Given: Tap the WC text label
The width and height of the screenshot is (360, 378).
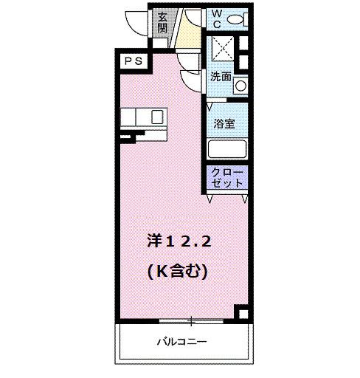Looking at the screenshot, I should click(218, 18).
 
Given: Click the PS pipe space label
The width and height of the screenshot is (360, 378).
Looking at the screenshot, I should click(132, 62).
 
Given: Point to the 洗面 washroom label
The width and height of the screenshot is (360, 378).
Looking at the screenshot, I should click(221, 76).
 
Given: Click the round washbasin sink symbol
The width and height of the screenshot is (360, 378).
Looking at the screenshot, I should click(240, 86).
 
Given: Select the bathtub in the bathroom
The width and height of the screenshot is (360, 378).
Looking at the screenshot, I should click(226, 149).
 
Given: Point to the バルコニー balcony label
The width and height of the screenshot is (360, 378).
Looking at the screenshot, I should click(181, 342).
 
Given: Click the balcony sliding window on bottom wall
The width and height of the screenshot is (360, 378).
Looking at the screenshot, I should click(190, 320).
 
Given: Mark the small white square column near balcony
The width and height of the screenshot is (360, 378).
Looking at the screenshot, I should click(240, 311).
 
